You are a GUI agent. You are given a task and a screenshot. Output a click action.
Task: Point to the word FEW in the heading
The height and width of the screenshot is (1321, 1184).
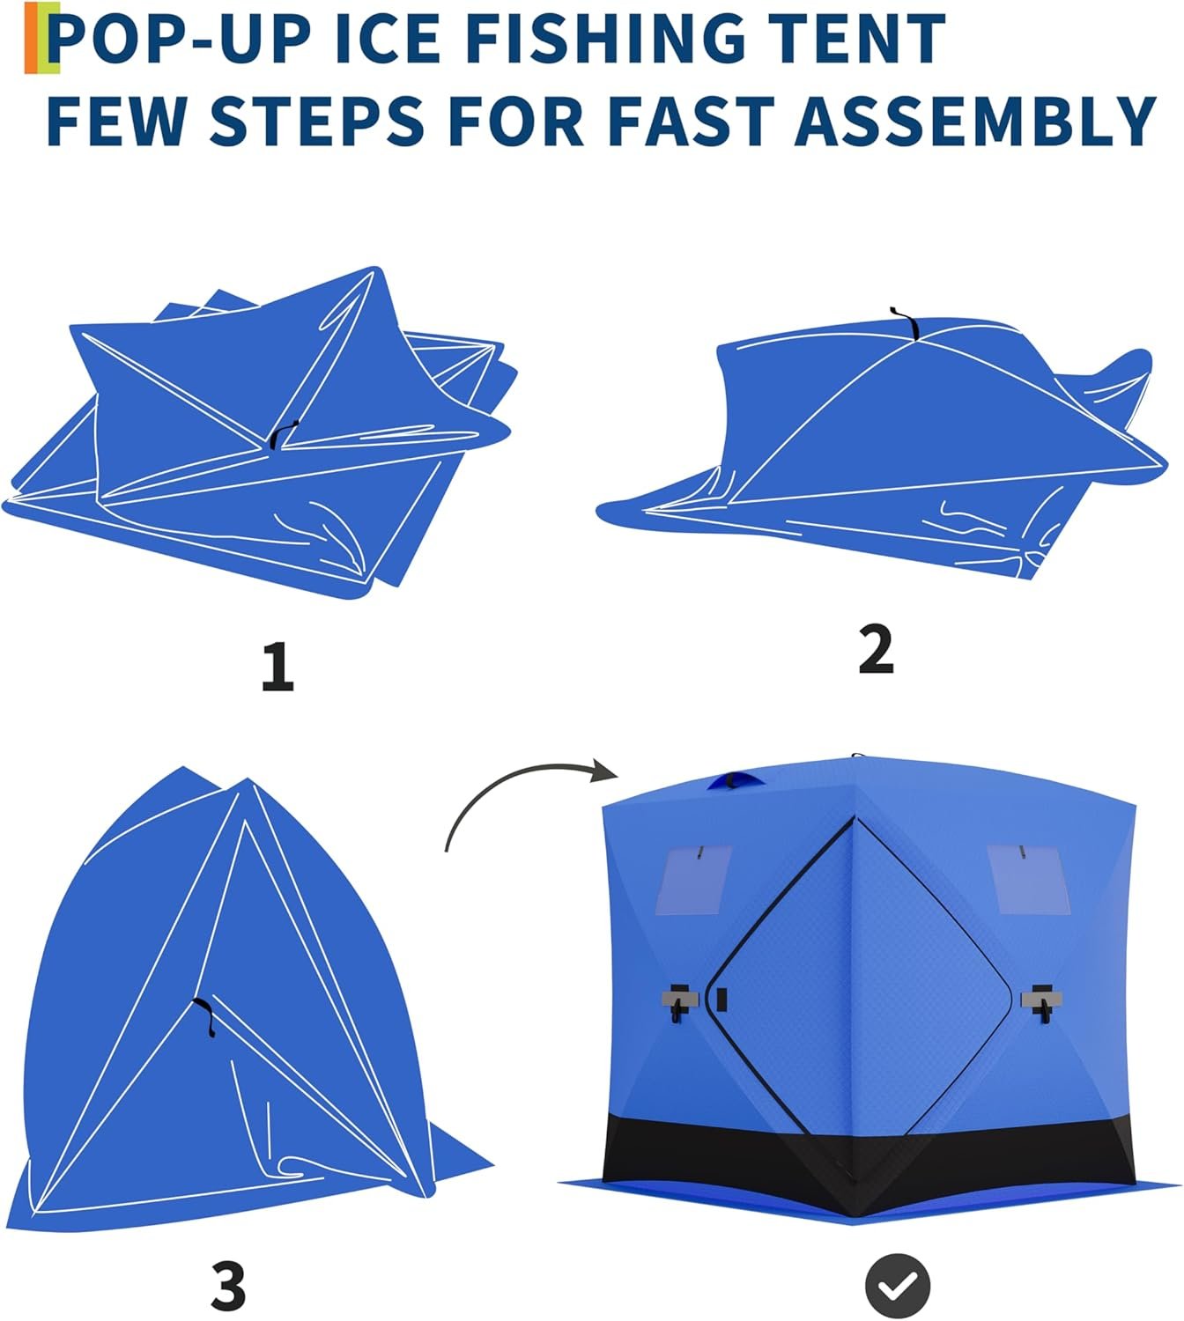click(116, 120)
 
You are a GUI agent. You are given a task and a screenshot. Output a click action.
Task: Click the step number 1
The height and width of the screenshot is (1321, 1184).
click(277, 666)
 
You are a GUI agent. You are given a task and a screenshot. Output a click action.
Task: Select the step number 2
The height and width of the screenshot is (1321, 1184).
click(876, 648)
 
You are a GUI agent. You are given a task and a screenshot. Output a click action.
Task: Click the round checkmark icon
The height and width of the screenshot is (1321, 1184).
click(899, 1286)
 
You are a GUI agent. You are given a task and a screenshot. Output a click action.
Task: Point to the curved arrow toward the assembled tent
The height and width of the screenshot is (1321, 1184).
click(515, 779)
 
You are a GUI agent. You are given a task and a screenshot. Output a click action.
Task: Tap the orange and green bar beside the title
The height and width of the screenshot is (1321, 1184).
click(41, 37)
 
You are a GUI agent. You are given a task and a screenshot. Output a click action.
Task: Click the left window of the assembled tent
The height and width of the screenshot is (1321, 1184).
click(692, 880)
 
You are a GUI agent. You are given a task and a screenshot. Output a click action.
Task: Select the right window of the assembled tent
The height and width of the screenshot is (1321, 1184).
click(1029, 880)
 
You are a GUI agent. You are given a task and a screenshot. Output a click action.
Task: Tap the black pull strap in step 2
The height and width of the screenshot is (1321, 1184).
click(906, 322)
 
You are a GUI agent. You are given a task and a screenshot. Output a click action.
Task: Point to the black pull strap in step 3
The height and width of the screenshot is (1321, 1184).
click(205, 1016)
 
